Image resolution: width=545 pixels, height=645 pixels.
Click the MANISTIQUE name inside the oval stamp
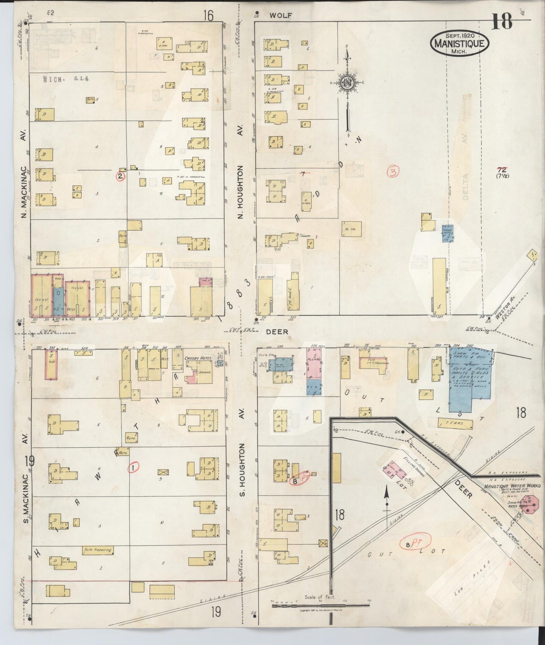pyautogui.click(x=459, y=43)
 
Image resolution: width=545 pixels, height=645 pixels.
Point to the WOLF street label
pyautogui.click(x=281, y=15)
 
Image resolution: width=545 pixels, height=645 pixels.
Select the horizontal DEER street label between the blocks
pyautogui.click(x=277, y=332)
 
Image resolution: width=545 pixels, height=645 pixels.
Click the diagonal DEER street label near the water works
pyautogui.click(x=463, y=489)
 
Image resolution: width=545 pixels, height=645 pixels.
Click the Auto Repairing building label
pyautogui.click(x=98, y=550)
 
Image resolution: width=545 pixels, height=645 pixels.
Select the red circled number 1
pyautogui.click(x=133, y=468)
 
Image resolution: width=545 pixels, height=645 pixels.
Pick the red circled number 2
pyautogui.click(x=120, y=176)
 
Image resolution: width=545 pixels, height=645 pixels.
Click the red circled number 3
pyautogui.click(x=393, y=172)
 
